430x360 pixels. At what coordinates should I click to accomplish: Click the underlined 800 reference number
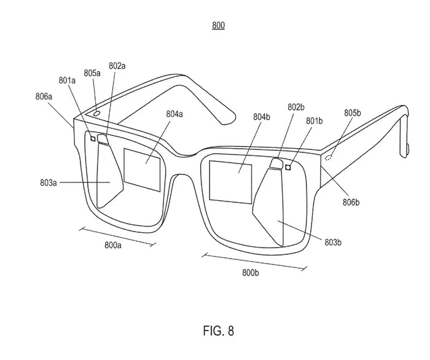[x=218, y=26]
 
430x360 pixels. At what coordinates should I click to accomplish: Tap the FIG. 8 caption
[x=219, y=331]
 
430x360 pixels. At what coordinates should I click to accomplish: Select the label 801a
[x=67, y=80]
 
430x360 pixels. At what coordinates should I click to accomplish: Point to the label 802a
[x=117, y=66]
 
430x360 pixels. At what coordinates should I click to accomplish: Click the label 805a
[x=92, y=73]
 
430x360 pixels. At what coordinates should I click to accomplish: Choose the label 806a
[x=44, y=96]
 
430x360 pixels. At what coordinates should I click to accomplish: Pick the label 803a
[x=49, y=182]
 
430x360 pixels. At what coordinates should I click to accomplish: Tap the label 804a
[x=174, y=114]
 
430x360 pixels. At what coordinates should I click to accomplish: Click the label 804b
[x=262, y=117]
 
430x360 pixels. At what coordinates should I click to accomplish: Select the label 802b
[x=296, y=107]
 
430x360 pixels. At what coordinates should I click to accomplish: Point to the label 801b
[x=315, y=120]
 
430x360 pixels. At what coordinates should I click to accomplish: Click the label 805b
[x=353, y=112]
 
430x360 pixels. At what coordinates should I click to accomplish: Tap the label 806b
[x=351, y=202]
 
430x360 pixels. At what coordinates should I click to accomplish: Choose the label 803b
[x=333, y=242]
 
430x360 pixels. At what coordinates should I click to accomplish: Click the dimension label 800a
[x=112, y=245]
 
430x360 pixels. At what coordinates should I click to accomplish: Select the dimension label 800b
[x=251, y=273]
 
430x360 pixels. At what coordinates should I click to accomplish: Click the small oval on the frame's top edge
[x=96, y=113]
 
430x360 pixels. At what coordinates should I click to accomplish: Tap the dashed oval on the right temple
[x=329, y=157]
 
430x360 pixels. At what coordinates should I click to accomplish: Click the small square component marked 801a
[x=93, y=139]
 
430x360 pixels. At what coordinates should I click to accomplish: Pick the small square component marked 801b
[x=288, y=167]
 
